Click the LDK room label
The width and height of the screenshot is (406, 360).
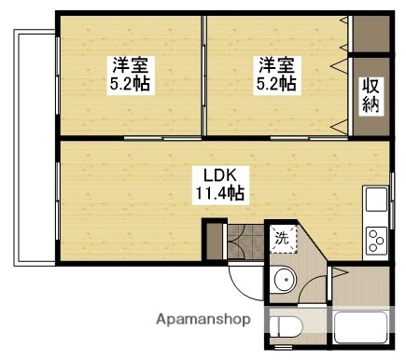[x=219, y=175]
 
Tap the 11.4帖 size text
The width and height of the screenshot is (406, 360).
[x=219, y=194]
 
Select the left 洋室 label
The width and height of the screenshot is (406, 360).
[x=131, y=65]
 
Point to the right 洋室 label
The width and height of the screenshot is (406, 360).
[x=277, y=65]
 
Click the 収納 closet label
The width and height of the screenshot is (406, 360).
[x=371, y=95]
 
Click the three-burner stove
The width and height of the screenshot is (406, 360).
[x=376, y=240]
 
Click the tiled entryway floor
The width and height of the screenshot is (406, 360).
[x=245, y=241]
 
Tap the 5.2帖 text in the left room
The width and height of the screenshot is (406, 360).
[x=131, y=84]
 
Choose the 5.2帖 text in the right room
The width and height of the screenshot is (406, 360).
[x=277, y=84]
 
